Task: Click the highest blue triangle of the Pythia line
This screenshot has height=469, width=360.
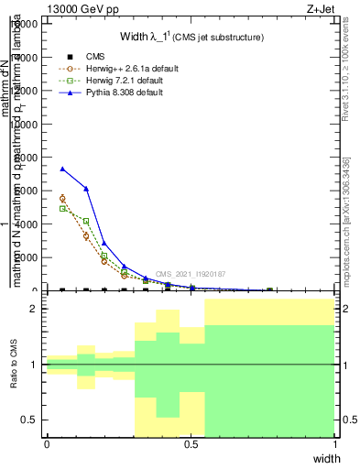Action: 62,169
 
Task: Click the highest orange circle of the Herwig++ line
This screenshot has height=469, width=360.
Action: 62,198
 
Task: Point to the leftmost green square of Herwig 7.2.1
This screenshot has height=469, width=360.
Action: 62,208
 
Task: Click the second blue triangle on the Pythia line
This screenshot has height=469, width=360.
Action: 86,189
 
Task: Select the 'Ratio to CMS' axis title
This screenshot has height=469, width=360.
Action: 13,364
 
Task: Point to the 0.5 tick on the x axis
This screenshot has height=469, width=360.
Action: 191,444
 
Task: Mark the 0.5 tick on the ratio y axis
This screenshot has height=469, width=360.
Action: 31,420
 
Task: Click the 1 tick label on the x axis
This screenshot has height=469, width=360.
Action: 335,444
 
